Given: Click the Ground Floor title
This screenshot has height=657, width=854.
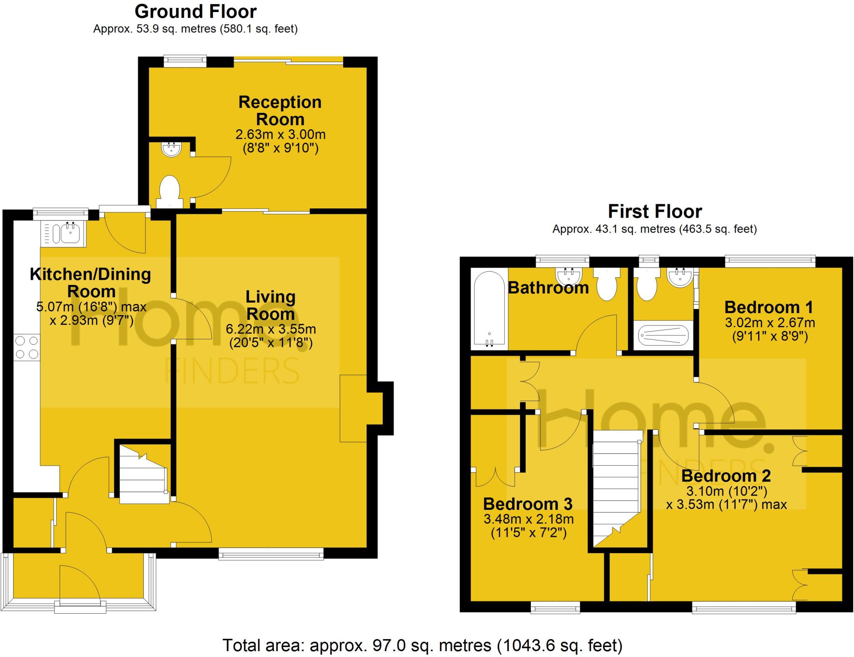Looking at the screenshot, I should pos(195,12).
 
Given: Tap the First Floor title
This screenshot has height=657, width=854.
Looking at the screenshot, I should pos(655,211).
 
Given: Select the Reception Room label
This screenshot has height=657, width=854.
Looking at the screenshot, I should pos(280,110).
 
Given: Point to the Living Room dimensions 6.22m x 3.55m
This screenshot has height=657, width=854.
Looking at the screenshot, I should pos(271,329).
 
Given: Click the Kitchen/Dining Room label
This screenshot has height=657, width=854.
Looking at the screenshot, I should pos(90,283).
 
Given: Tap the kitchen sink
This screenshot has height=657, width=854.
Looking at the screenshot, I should pos(70,233).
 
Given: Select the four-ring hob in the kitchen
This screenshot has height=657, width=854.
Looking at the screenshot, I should pos(27,348).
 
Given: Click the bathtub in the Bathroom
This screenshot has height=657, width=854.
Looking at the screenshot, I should pos(489,311).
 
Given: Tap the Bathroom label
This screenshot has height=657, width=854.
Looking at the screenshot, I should pos(548,288).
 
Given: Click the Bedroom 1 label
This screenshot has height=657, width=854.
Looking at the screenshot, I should pos(769,307).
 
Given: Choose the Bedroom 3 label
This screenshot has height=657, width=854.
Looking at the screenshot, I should pos(527,504).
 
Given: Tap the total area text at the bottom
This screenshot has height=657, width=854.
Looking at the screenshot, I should pos(422,645).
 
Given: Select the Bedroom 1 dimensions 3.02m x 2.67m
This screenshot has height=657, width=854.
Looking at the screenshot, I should pos(770,323).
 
